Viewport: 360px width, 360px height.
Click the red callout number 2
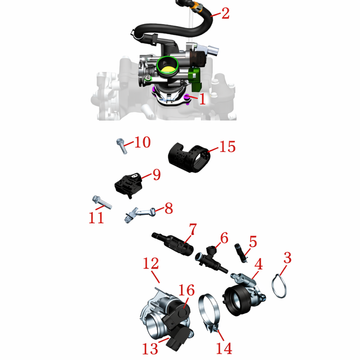point(225,13)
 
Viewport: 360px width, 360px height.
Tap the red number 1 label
point(202,99)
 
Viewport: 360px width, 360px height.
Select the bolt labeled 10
point(121,145)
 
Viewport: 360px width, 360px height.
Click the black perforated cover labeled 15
point(189,157)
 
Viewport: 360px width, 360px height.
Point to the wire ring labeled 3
point(279,286)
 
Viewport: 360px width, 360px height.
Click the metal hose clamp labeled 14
point(209,313)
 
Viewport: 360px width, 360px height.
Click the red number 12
point(151,263)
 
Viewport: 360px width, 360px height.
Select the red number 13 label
point(150,348)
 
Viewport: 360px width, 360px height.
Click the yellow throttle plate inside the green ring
point(167,69)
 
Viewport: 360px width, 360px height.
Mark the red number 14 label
point(224,348)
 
